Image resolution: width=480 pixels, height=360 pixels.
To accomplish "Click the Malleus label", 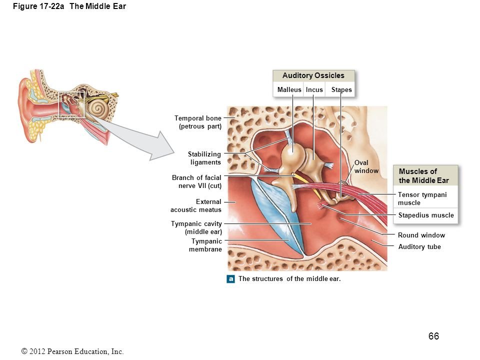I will [x=289, y=90].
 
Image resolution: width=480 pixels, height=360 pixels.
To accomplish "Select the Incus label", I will [x=314, y=90].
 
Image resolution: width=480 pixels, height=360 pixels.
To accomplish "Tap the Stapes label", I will [x=341, y=90].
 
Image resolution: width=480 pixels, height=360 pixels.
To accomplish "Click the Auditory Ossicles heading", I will [x=313, y=75].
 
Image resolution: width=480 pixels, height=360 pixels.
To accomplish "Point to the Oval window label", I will [x=366, y=167].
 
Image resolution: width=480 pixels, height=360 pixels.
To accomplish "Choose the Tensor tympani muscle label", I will [x=422, y=198].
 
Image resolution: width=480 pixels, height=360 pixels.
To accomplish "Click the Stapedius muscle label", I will [x=425, y=215].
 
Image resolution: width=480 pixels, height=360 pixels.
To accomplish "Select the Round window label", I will [x=421, y=235].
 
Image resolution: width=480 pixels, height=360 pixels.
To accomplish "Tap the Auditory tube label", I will [x=419, y=246].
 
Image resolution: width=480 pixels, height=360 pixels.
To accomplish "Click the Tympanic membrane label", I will [x=205, y=245].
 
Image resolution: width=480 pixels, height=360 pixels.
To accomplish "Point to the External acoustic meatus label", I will [x=196, y=205].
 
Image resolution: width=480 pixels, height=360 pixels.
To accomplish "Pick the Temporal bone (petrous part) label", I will [x=198, y=122].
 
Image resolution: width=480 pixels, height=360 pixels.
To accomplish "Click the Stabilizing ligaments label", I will [x=204, y=158].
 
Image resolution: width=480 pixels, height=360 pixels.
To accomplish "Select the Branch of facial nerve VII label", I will [x=196, y=181].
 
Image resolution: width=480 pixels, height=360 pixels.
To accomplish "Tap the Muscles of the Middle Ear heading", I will [x=423, y=176].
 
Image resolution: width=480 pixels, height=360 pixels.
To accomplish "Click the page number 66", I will [x=433, y=336].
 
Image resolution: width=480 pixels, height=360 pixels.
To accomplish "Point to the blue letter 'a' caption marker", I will [x=231, y=279].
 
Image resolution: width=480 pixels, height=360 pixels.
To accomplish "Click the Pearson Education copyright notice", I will [x=72, y=351].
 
